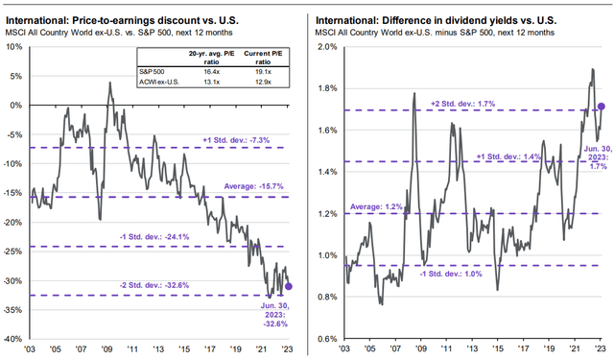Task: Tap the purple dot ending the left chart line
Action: (289, 285)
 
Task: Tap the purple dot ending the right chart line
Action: (602, 107)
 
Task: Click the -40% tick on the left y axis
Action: (17, 339)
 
